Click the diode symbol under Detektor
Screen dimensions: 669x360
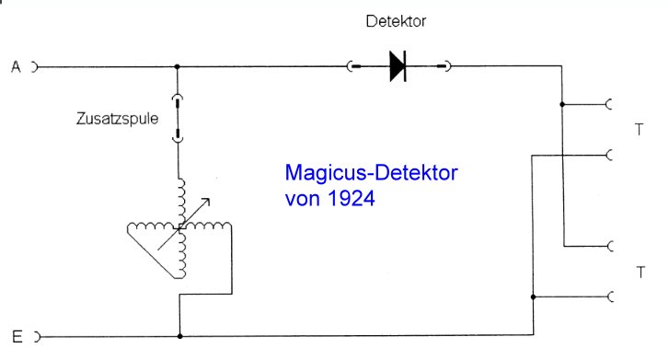pyautogui.click(x=398, y=66)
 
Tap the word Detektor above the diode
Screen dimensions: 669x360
pyautogui.click(x=396, y=21)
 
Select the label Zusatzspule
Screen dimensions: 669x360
pyautogui.click(x=118, y=118)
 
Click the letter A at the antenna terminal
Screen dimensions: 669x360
pyautogui.click(x=16, y=66)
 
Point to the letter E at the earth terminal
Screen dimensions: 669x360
pyautogui.click(x=17, y=337)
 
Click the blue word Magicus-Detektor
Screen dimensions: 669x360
pyautogui.click(x=371, y=172)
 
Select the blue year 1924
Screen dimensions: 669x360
pyautogui.click(x=352, y=199)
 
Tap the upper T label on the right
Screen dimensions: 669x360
pyautogui.click(x=639, y=130)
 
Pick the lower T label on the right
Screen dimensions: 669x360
pyautogui.click(x=640, y=272)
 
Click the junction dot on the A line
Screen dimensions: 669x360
pyautogui.click(x=177, y=66)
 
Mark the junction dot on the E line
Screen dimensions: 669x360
pyautogui.click(x=180, y=336)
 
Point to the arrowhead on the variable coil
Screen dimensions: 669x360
pyautogui.click(x=206, y=202)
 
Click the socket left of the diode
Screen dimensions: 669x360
pyautogui.click(x=352, y=66)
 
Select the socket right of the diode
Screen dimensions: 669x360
pyautogui.click(x=444, y=66)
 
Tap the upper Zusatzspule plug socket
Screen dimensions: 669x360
pyautogui.click(x=177, y=100)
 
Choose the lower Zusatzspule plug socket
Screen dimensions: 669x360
pyautogui.click(x=178, y=135)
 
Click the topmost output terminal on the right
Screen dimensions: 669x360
pyautogui.click(x=609, y=104)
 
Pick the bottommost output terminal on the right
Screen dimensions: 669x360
pyautogui.click(x=610, y=296)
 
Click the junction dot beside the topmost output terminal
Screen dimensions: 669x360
pyautogui.click(x=562, y=104)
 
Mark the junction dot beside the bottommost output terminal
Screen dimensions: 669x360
pyautogui.click(x=534, y=296)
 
